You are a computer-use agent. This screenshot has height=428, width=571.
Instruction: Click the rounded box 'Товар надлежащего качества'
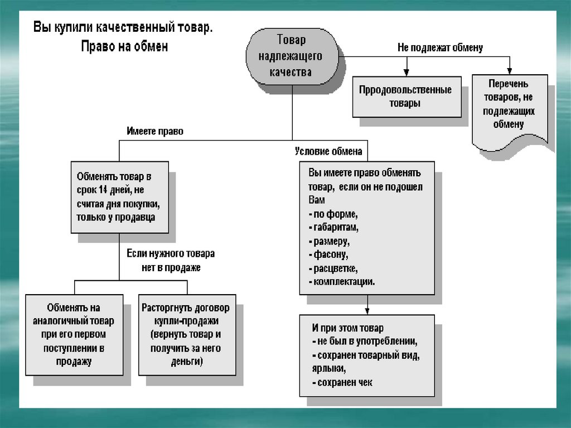point(292,56)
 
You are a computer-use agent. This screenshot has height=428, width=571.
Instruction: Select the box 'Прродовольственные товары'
point(406,97)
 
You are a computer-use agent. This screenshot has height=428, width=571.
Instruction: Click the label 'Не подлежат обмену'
point(440,47)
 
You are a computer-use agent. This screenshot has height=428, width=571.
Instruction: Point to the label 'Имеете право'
point(154,132)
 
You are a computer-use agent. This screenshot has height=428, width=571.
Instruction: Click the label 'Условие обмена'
point(328,151)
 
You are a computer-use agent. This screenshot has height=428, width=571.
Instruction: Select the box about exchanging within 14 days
point(119,197)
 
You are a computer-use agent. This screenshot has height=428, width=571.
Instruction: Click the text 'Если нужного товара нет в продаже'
point(170,261)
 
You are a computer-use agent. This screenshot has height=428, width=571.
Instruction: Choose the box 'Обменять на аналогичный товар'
point(74,334)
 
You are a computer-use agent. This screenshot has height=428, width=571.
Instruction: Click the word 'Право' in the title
point(98,46)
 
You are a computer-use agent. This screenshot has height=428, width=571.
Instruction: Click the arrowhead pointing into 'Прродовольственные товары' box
point(406,73)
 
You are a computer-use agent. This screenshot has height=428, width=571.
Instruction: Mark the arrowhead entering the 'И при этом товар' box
point(366,311)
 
